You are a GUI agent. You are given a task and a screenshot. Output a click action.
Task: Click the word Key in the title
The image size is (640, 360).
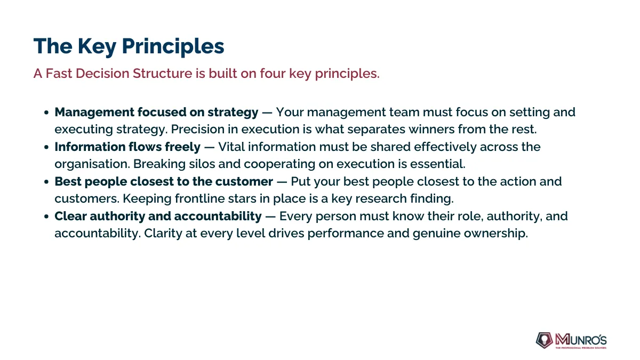(97, 46)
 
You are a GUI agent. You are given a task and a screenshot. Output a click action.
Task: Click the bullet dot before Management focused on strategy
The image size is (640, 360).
(46, 113)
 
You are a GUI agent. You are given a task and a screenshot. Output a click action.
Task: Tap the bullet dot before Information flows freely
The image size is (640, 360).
(46, 147)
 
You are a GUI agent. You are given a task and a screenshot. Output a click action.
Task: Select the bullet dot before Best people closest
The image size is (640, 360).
(46, 182)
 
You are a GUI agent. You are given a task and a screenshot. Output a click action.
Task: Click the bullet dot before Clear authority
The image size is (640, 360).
(46, 217)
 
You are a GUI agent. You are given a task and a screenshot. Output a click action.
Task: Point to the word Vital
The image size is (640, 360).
(231, 147)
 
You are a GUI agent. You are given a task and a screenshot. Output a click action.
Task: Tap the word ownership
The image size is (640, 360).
(495, 234)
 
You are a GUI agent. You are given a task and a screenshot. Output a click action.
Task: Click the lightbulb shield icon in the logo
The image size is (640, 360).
(544, 340)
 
